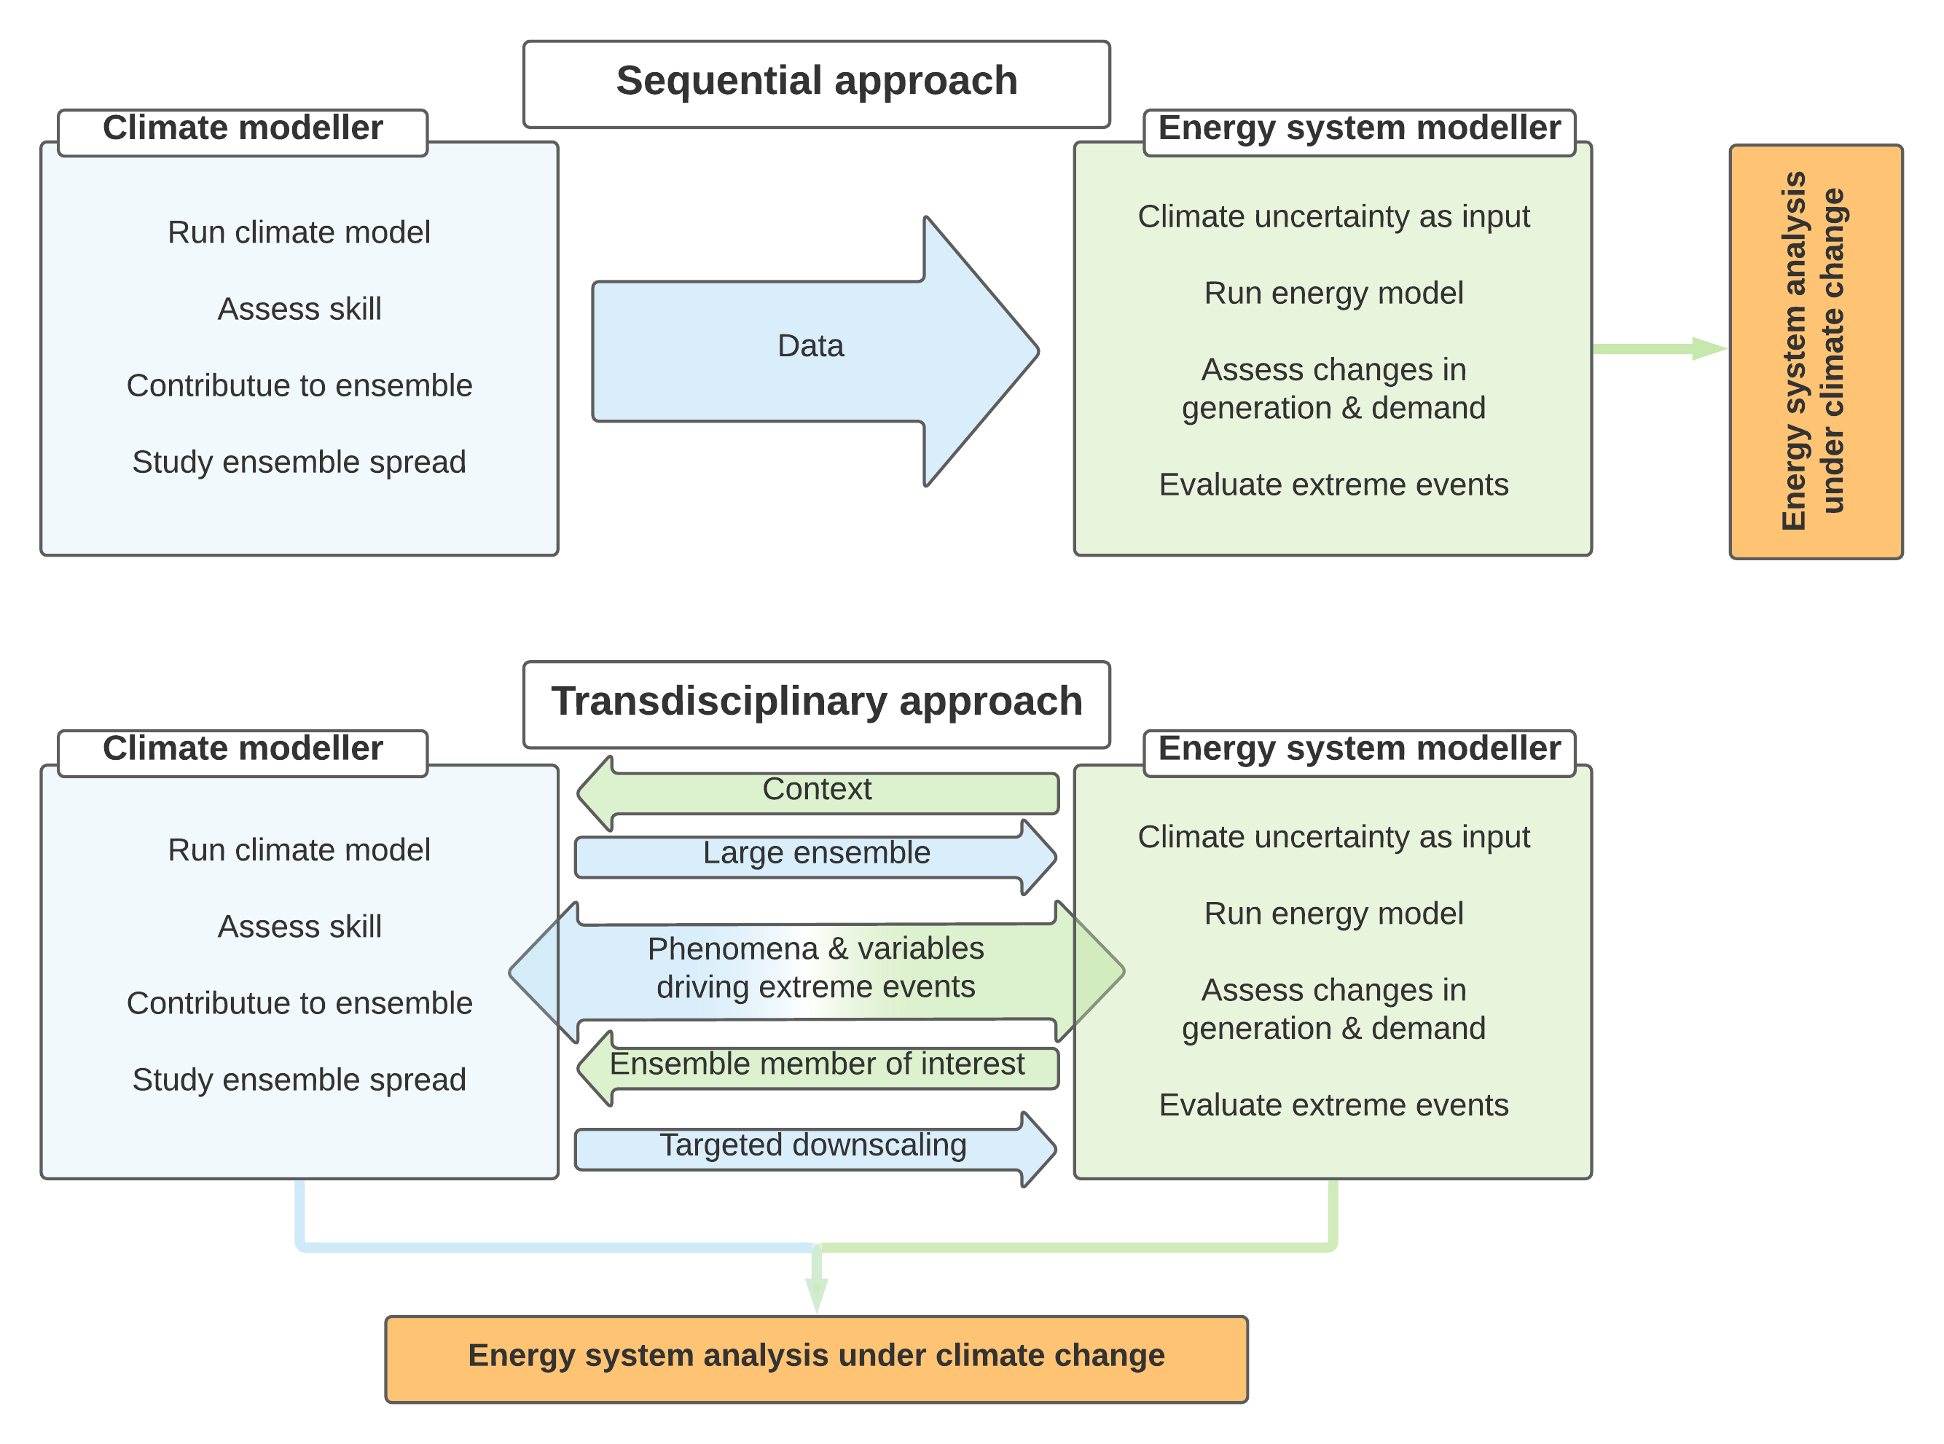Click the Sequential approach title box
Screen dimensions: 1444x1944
(816, 82)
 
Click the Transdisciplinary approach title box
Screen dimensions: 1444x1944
(816, 703)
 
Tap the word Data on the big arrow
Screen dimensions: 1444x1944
(810, 346)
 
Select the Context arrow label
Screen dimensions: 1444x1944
(816, 789)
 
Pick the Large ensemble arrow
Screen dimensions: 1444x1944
(816, 853)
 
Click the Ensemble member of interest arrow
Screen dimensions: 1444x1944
(816, 1064)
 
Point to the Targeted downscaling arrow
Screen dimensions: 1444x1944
(813, 1146)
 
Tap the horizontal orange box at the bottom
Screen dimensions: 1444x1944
(816, 1357)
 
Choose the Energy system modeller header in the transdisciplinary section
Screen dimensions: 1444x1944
(1358, 750)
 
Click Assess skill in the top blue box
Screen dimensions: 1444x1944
(299, 310)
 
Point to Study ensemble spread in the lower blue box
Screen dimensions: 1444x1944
(299, 1080)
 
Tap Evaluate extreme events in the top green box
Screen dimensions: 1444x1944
(1333, 485)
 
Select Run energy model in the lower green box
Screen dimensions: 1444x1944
(1333, 914)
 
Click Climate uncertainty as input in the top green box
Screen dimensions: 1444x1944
(1333, 217)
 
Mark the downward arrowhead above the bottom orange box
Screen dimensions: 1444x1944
(816, 1292)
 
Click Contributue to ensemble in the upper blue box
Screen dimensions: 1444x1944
(299, 386)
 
